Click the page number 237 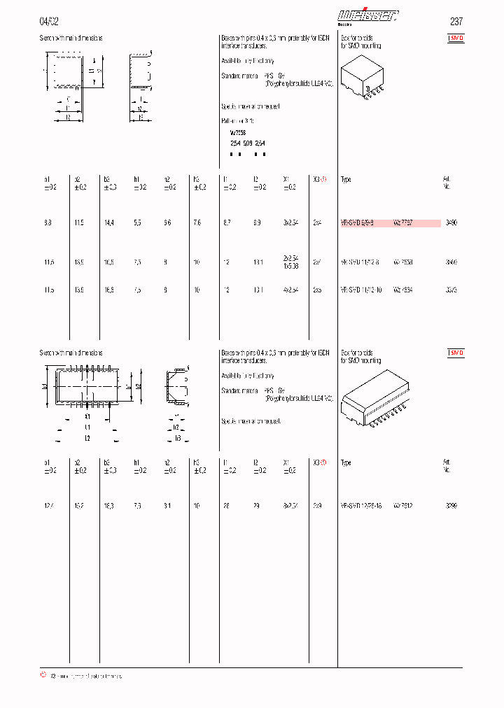tap(455, 21)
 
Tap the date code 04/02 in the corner tap(49, 21)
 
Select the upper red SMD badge tap(456, 39)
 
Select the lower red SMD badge tap(456, 354)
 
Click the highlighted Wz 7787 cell tap(404, 222)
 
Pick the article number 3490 tap(451, 222)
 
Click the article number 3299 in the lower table tap(451, 504)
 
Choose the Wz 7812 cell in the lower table tap(404, 504)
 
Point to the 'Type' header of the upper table tap(346, 180)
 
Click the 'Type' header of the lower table tap(346, 462)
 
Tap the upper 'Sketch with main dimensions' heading tap(71, 38)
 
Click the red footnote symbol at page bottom tap(43, 676)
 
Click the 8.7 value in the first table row tap(227, 222)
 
